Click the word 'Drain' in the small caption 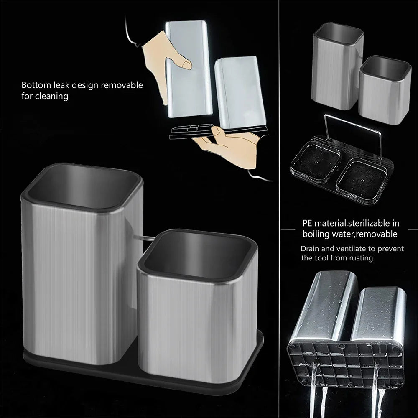[310, 249]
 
